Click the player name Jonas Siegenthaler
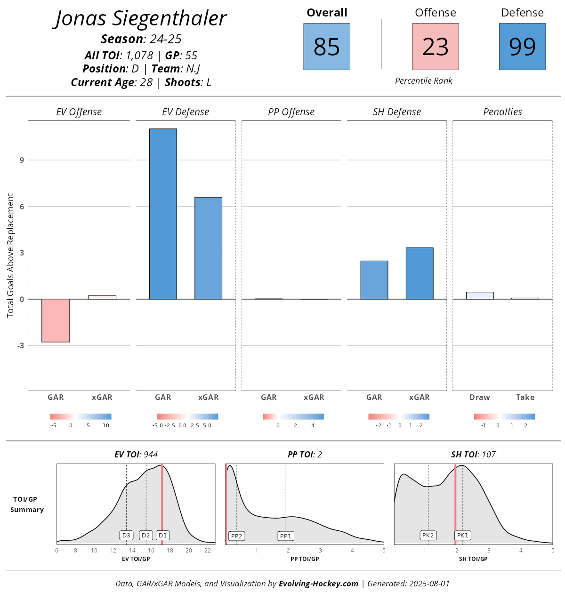(x=141, y=19)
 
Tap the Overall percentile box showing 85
(x=327, y=47)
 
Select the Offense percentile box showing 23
(x=435, y=47)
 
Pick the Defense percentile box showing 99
(x=522, y=47)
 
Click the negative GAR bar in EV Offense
(x=56, y=320)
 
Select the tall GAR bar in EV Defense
(x=163, y=214)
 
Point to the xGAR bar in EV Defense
(x=208, y=248)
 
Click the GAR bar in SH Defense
(x=374, y=280)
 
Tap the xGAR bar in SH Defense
(x=420, y=273)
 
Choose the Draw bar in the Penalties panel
(x=480, y=296)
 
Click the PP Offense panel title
(x=291, y=112)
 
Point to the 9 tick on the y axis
(x=22, y=160)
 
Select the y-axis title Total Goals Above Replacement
(x=10, y=256)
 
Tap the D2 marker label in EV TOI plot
(x=146, y=536)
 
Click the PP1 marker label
(x=286, y=536)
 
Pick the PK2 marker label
(x=428, y=536)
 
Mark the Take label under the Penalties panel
(x=525, y=397)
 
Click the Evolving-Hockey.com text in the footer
(x=318, y=584)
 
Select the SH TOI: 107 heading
(x=473, y=455)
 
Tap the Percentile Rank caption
(x=423, y=81)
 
